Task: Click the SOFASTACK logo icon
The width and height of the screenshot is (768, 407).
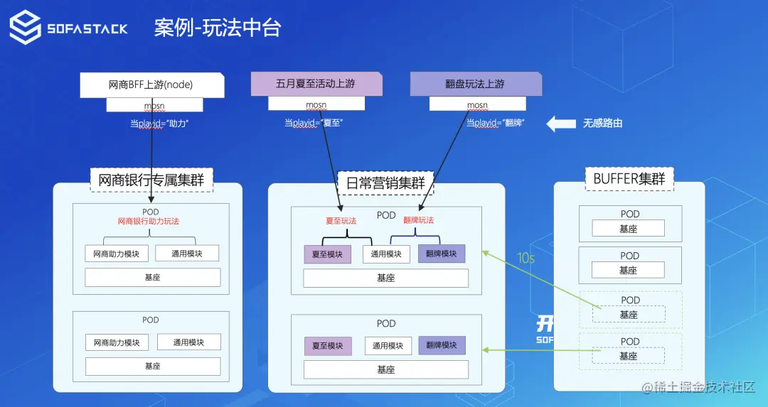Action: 24,28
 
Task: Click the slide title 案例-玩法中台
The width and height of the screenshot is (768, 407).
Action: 218,28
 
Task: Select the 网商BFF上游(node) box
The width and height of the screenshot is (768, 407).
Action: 151,85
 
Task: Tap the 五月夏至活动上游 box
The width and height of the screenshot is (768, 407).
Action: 316,84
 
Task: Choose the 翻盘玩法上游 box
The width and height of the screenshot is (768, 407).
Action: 476,84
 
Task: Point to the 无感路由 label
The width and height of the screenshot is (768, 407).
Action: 602,124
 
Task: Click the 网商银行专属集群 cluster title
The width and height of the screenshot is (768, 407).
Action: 151,180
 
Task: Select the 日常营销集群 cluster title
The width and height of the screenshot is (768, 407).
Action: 385,183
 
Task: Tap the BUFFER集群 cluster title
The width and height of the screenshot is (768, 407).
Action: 629,179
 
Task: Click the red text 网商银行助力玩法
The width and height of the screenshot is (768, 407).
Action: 149,222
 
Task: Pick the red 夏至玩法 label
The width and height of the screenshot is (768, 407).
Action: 341,221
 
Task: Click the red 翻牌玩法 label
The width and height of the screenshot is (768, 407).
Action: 418,221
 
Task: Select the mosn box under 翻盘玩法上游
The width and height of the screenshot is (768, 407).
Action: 477,104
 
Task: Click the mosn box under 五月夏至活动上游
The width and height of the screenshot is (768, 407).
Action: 316,104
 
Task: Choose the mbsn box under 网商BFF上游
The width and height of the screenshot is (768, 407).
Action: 154,105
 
